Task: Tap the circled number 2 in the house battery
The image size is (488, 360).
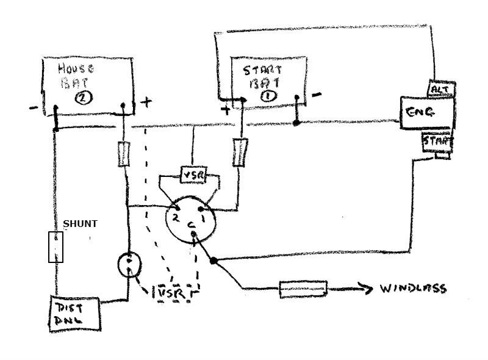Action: pos(82,98)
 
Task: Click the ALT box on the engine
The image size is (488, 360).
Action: pos(440,89)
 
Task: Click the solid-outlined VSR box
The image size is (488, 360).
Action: pos(194,176)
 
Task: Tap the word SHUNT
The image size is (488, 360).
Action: pos(80,224)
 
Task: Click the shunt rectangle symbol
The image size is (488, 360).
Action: pos(56,247)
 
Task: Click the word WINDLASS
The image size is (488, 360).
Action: pos(414,289)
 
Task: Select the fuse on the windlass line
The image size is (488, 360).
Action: pos(303,289)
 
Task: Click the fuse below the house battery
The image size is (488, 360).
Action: pos(124,154)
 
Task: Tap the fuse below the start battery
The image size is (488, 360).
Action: pos(239,153)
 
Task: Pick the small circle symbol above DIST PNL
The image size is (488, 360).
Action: pos(129,264)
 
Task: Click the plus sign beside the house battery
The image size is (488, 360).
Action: pos(146,103)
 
